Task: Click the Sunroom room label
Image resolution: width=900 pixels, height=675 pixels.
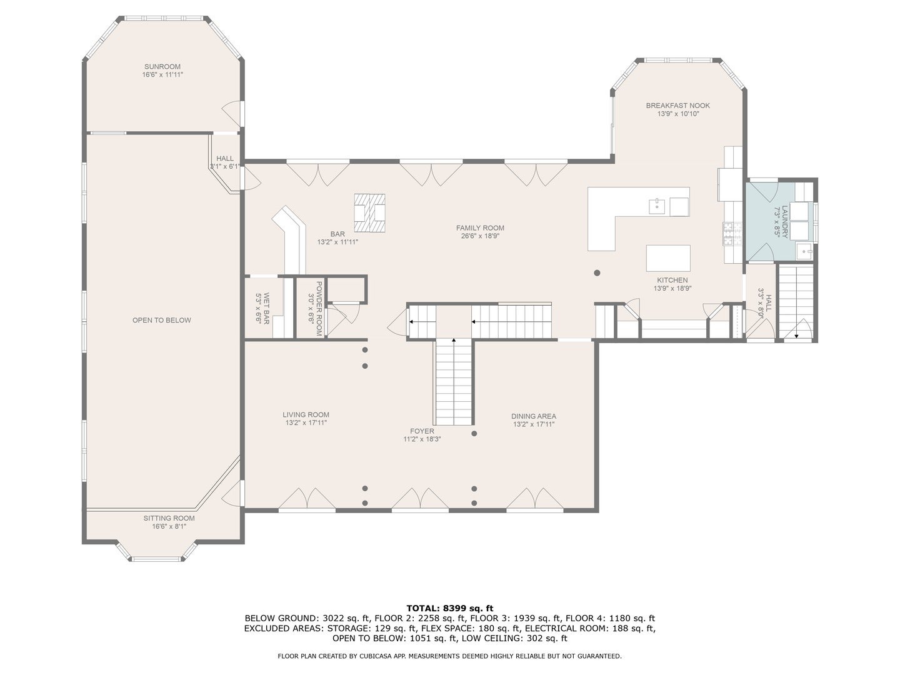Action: coord(162,67)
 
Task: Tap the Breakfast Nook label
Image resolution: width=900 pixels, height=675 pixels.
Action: coord(677,106)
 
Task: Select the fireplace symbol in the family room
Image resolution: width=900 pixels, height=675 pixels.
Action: coord(369,208)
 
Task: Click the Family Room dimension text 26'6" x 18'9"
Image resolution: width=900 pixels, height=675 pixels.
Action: coord(480,236)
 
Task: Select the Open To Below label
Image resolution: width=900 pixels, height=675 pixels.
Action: coord(161,320)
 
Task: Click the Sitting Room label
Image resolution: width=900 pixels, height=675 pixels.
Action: coord(169,518)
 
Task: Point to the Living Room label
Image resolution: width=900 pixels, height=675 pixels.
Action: coord(306,414)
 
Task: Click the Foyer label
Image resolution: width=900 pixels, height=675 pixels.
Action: coord(422,431)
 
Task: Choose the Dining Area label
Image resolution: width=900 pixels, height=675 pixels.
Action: coord(533,416)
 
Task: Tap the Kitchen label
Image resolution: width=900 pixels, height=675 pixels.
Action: coord(672,280)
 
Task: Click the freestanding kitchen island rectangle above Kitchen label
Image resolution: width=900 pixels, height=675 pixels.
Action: coord(668,257)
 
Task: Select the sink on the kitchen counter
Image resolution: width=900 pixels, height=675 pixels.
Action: coord(657,205)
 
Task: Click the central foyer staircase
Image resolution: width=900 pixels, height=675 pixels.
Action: coord(453,381)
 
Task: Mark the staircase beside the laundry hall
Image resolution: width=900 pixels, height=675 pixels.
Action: coord(796,300)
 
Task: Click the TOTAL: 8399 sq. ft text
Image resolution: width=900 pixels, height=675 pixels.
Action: coord(449,607)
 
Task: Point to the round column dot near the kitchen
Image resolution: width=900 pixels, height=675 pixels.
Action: coord(597,273)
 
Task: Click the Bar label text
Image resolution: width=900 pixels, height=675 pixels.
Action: coord(337,234)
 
